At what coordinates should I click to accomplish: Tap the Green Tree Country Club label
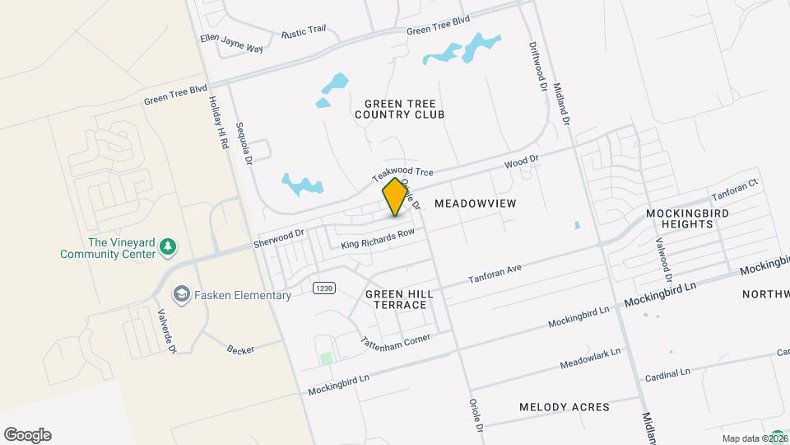[399, 108]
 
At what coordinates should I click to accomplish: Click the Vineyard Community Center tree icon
[168, 246]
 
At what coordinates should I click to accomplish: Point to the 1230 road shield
[323, 286]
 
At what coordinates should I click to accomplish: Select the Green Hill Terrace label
[396, 299]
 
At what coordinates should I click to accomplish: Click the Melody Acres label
[565, 407]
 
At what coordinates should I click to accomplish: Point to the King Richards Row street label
[378, 240]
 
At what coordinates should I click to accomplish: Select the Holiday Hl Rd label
[217, 123]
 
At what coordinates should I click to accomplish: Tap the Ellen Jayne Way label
[231, 43]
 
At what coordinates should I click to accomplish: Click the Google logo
[27, 434]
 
